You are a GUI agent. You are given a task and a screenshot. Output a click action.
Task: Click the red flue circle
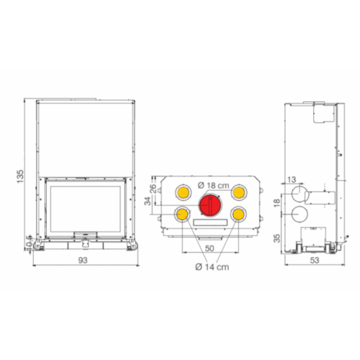pyautogui.click(x=210, y=205)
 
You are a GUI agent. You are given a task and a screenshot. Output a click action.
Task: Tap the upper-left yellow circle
pyautogui.click(x=183, y=192)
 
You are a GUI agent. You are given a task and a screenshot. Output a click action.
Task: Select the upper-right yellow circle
pyautogui.click(x=239, y=192)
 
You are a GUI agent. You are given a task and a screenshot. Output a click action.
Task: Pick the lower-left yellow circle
pyautogui.click(x=182, y=214)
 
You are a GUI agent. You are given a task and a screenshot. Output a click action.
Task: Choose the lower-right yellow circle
pyautogui.click(x=238, y=214)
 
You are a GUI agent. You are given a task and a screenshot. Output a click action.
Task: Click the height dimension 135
pyautogui.click(x=20, y=176)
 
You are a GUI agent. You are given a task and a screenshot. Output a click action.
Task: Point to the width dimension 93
pyautogui.click(x=83, y=260)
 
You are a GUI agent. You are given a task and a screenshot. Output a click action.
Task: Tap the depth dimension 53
pyautogui.click(x=315, y=260)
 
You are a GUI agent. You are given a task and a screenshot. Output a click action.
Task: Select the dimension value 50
pyautogui.click(x=210, y=248)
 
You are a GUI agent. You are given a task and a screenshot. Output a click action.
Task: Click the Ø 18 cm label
pyautogui.click(x=214, y=185)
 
